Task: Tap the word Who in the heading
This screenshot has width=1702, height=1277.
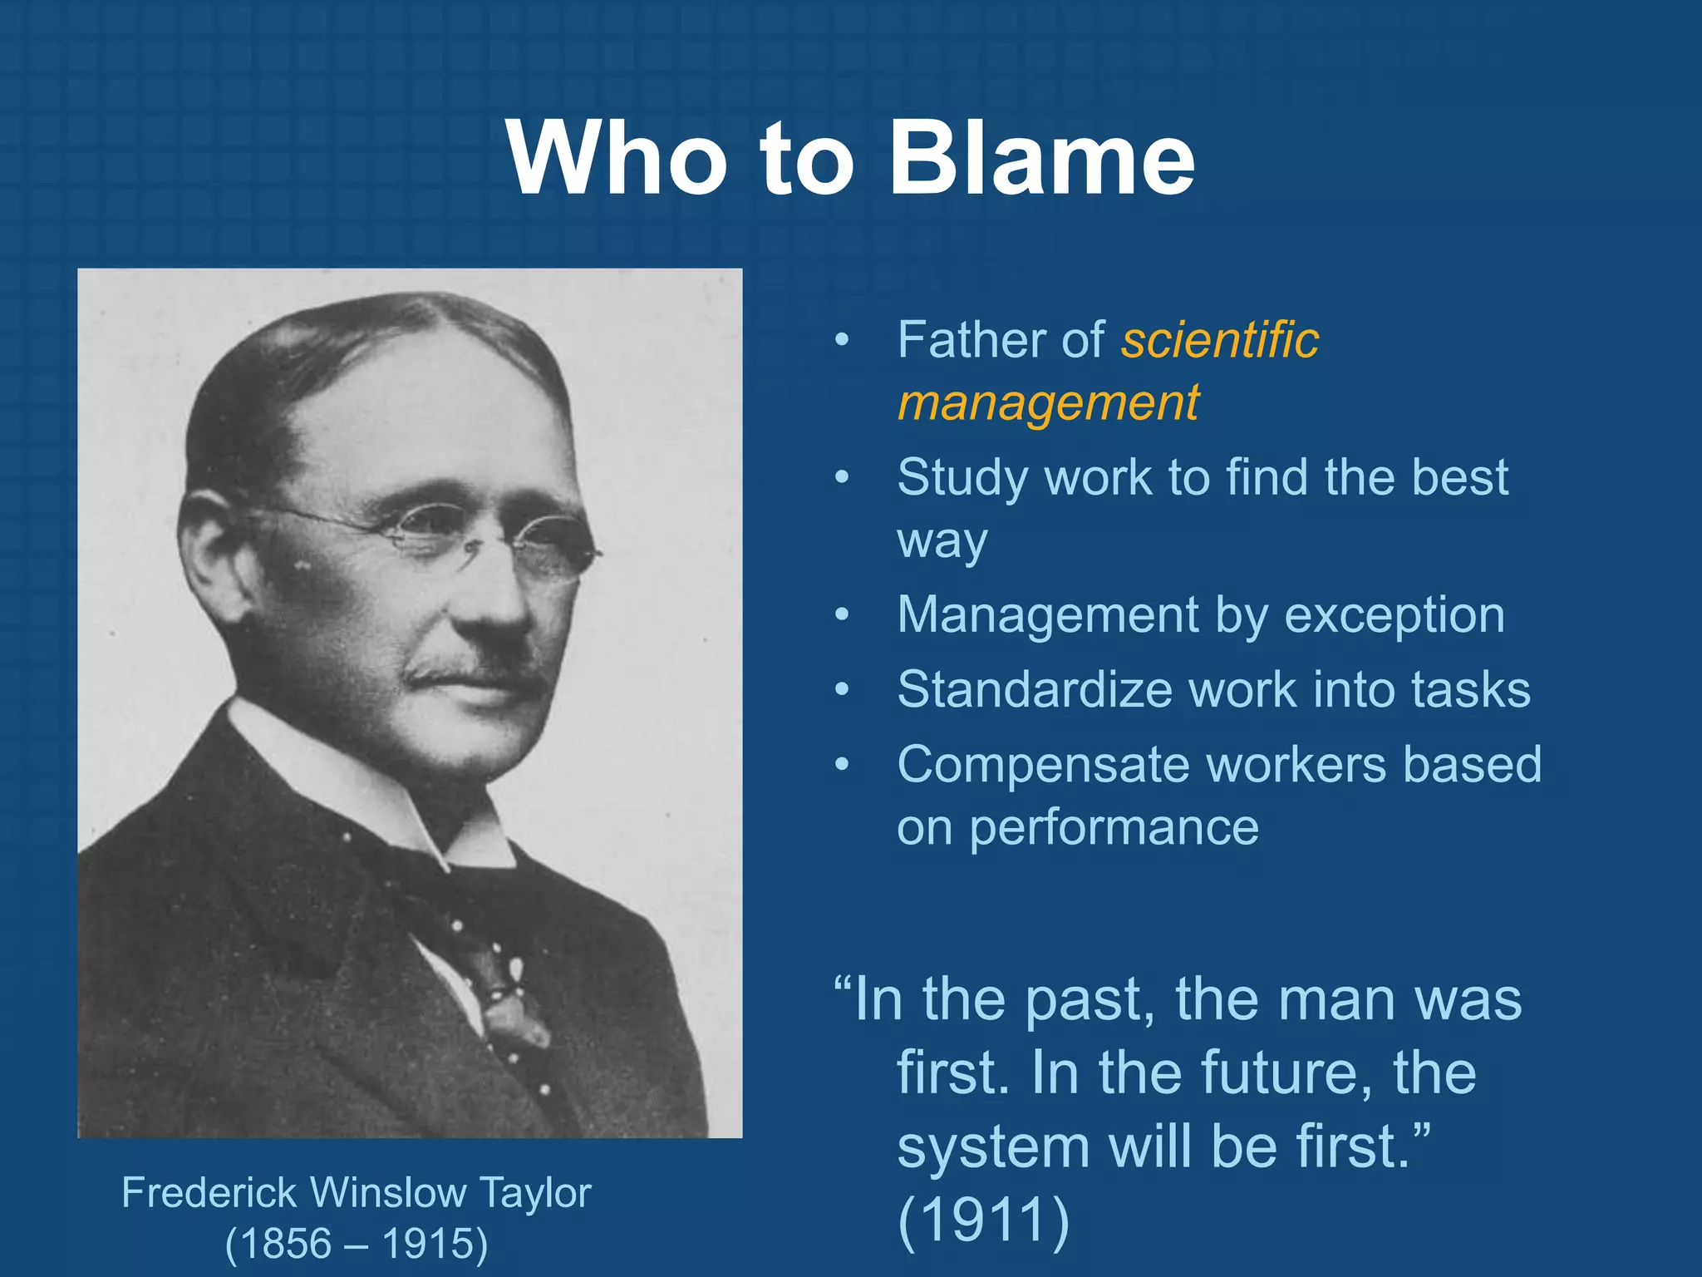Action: pyautogui.click(x=615, y=158)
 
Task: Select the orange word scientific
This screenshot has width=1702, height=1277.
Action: pyautogui.click(x=1220, y=340)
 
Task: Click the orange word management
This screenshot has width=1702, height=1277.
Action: pyautogui.click(x=1048, y=403)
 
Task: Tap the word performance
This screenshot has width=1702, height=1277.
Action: pyautogui.click(x=1114, y=828)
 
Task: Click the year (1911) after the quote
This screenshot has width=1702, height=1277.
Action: pyautogui.click(x=984, y=1220)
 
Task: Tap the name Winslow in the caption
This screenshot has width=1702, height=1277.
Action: pyautogui.click(x=388, y=1193)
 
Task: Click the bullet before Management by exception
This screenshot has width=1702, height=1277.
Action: pyautogui.click(x=842, y=615)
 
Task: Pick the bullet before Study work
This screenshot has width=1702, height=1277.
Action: pyautogui.click(x=842, y=478)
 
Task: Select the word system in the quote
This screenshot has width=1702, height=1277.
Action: pyautogui.click(x=993, y=1147)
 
